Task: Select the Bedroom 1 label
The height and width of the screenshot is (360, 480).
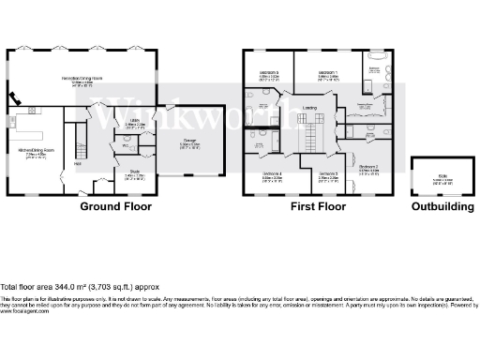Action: pyautogui.click(x=327, y=72)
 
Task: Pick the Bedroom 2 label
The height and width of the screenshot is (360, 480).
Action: pyautogui.click(x=370, y=168)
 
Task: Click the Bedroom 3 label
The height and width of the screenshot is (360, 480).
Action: pyautogui.click(x=327, y=173)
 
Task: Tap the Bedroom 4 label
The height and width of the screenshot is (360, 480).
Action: pyautogui.click(x=273, y=173)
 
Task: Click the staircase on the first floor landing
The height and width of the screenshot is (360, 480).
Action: pyautogui.click(x=307, y=127)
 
